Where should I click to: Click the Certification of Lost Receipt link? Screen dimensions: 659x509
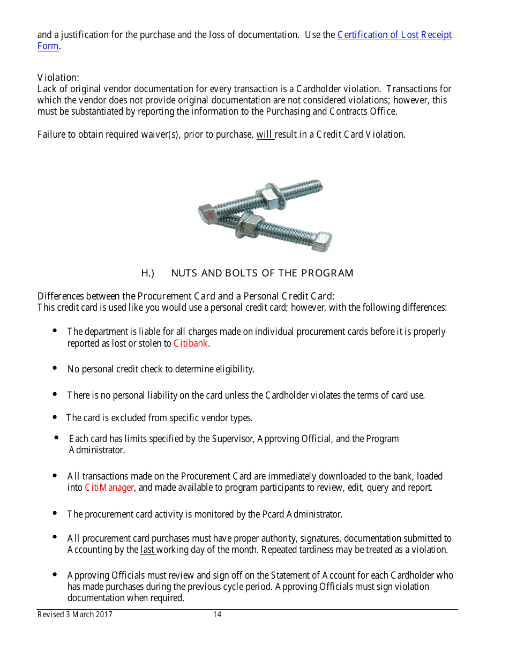pos(394,35)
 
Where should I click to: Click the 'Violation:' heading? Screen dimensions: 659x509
pos(58,78)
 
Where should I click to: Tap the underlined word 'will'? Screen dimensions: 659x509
pos(265,134)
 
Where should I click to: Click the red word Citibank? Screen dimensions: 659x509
pos(191,343)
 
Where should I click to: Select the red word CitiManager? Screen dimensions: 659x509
pos(109,488)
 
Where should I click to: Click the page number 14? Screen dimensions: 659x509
pos(217,615)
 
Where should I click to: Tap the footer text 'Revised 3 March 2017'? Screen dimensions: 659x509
pos(75,615)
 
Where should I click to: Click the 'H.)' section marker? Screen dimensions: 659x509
pos(148,273)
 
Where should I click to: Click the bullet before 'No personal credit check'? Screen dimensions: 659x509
pos(55,368)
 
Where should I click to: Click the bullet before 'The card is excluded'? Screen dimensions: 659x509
pos(55,417)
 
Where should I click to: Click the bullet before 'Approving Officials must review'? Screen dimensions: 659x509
pos(55,574)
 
